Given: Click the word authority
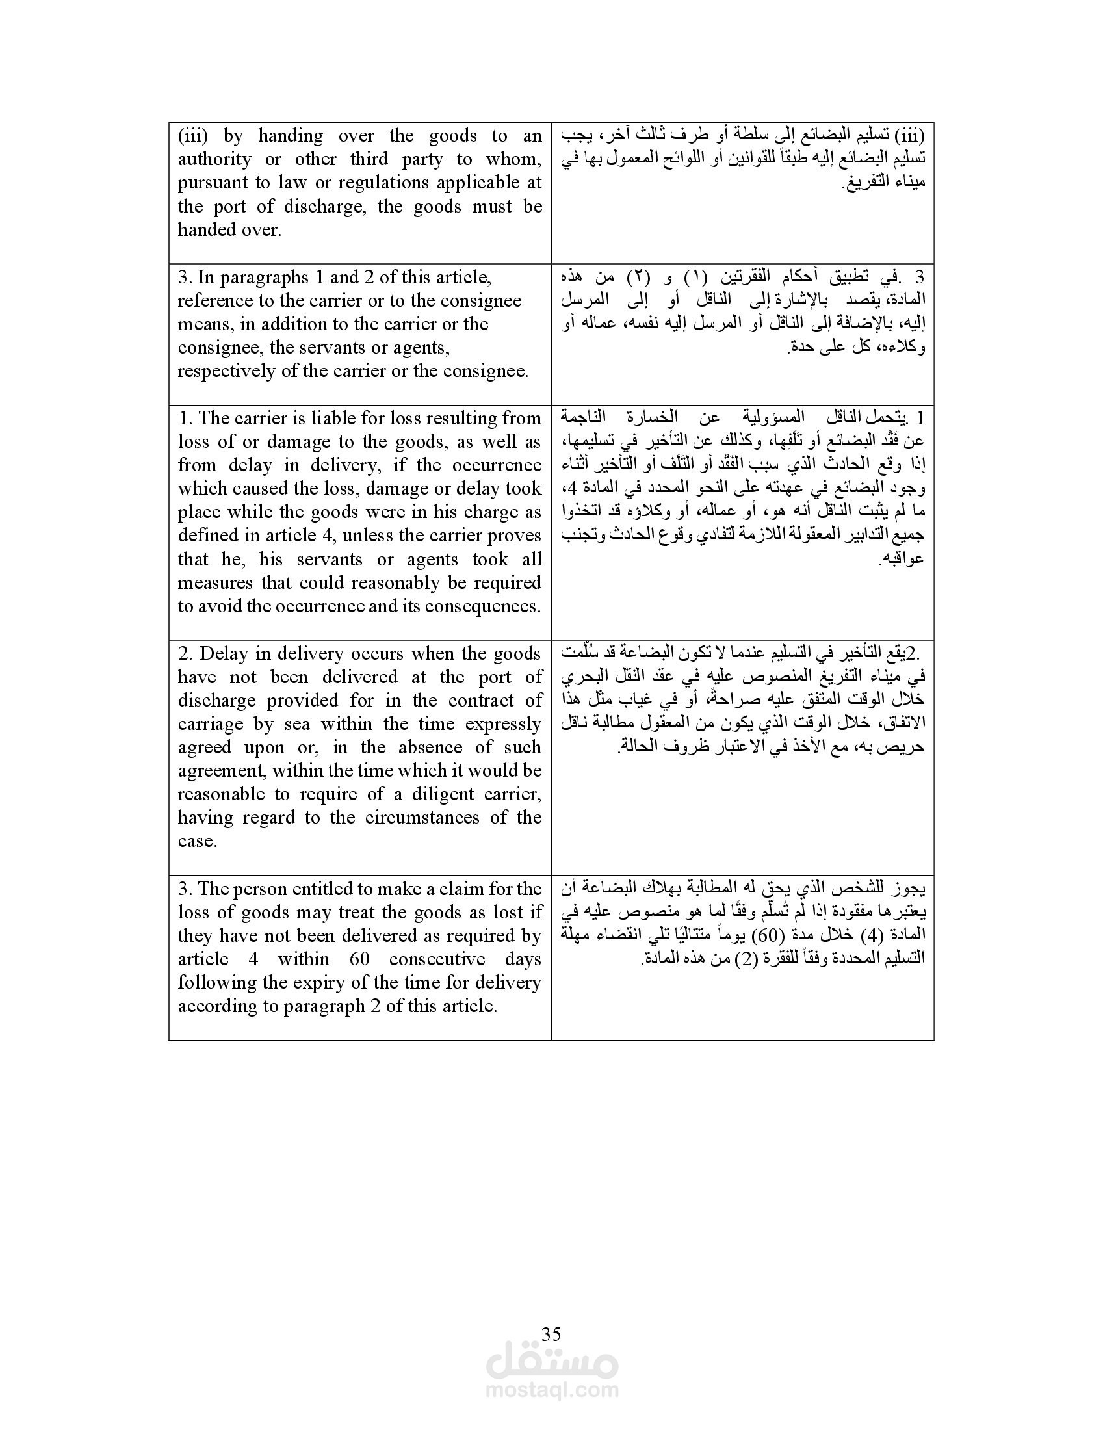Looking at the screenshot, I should click(214, 159).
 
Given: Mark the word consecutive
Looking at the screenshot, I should click(437, 959).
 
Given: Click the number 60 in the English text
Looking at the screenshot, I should click(359, 959).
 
